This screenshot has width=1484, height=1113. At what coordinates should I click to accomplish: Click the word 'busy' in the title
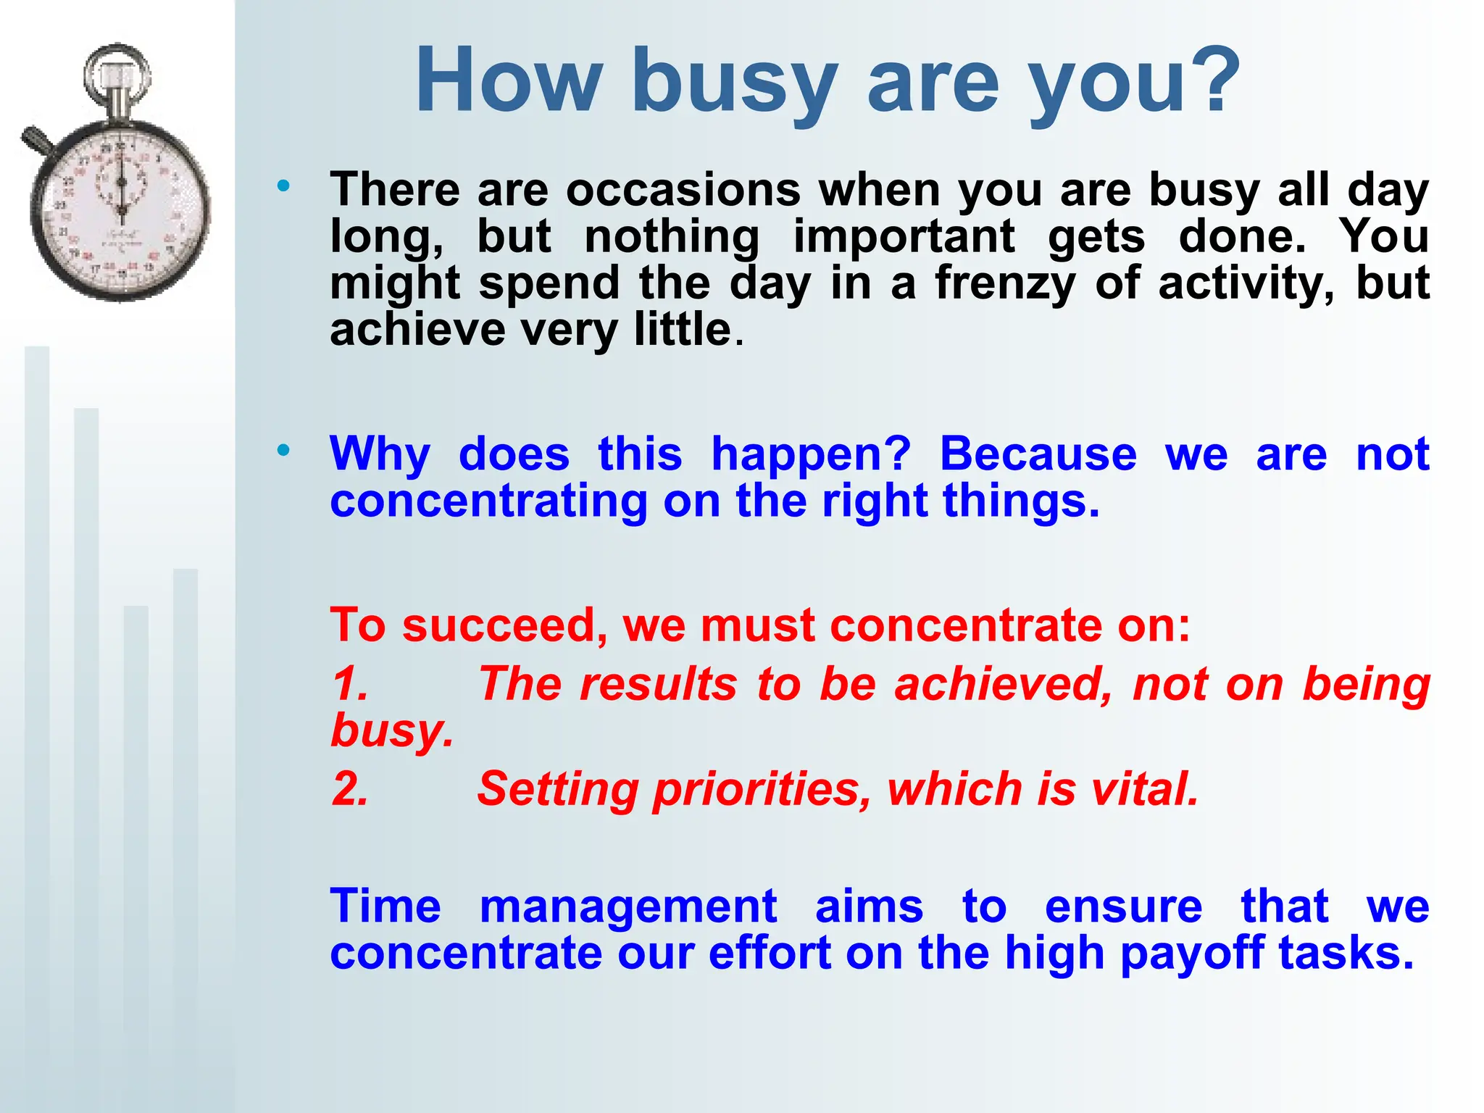coord(733,81)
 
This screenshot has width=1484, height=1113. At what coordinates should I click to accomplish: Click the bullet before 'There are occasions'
coord(283,185)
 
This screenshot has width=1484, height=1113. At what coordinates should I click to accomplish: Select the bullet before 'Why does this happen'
coord(283,450)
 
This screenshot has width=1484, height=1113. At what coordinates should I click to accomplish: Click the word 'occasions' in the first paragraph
coord(683,191)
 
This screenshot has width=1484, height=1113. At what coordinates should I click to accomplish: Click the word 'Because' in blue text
coord(1038,455)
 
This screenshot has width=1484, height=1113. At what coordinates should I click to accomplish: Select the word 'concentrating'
coord(488,501)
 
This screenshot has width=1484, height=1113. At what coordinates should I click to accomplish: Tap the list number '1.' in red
coord(351,684)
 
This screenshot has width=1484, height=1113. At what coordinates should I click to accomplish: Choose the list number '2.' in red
coord(351,789)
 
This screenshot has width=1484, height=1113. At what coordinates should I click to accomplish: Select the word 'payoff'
coord(1192,955)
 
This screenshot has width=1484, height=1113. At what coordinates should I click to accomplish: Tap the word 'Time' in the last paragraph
coord(385,907)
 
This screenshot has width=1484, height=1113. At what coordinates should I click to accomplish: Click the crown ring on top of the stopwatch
coord(117,69)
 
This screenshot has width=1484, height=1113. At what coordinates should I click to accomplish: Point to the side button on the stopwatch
coord(36,141)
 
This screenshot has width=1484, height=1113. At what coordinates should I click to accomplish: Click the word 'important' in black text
coord(904,238)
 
